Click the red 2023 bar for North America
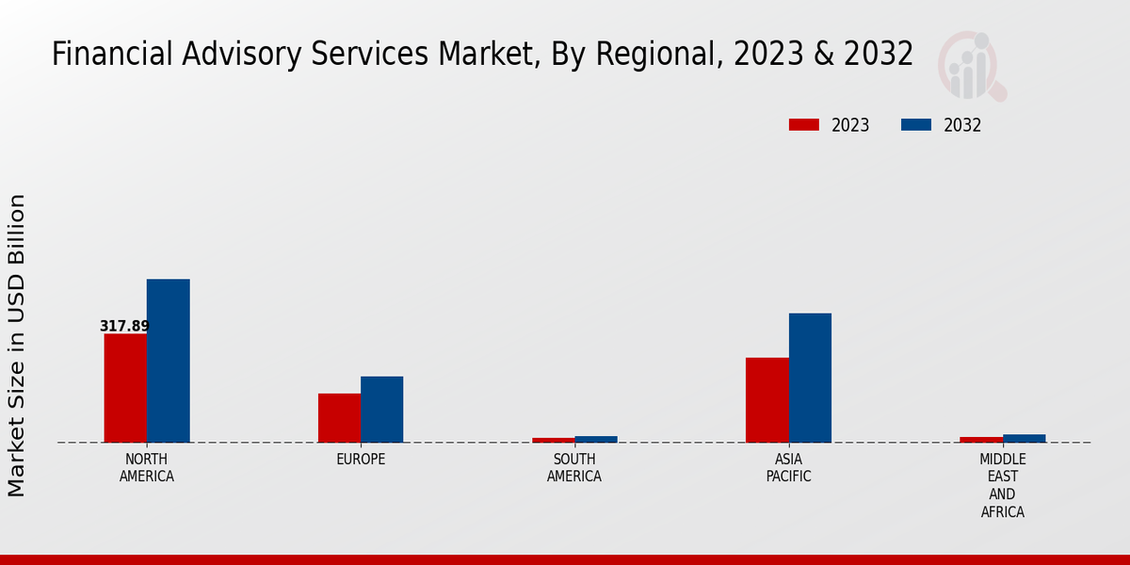tap(125, 388)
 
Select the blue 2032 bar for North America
tap(168, 361)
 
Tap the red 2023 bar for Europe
tap(339, 417)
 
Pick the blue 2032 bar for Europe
tap(381, 409)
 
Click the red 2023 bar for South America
tap(553, 440)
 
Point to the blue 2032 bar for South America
tap(596, 439)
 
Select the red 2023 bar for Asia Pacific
tap(767, 399)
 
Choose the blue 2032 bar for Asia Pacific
tap(810, 378)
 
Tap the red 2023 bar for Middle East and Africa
tap(981, 439)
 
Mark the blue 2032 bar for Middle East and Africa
tap(1024, 438)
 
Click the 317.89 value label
tap(124, 327)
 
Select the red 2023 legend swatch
tap(804, 125)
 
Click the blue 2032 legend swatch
tap(916, 125)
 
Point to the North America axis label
tap(147, 468)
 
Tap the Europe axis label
tap(361, 460)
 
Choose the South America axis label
tap(574, 468)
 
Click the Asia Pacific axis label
tap(788, 468)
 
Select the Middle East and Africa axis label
tap(1002, 486)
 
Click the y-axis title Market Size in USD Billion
tap(17, 345)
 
